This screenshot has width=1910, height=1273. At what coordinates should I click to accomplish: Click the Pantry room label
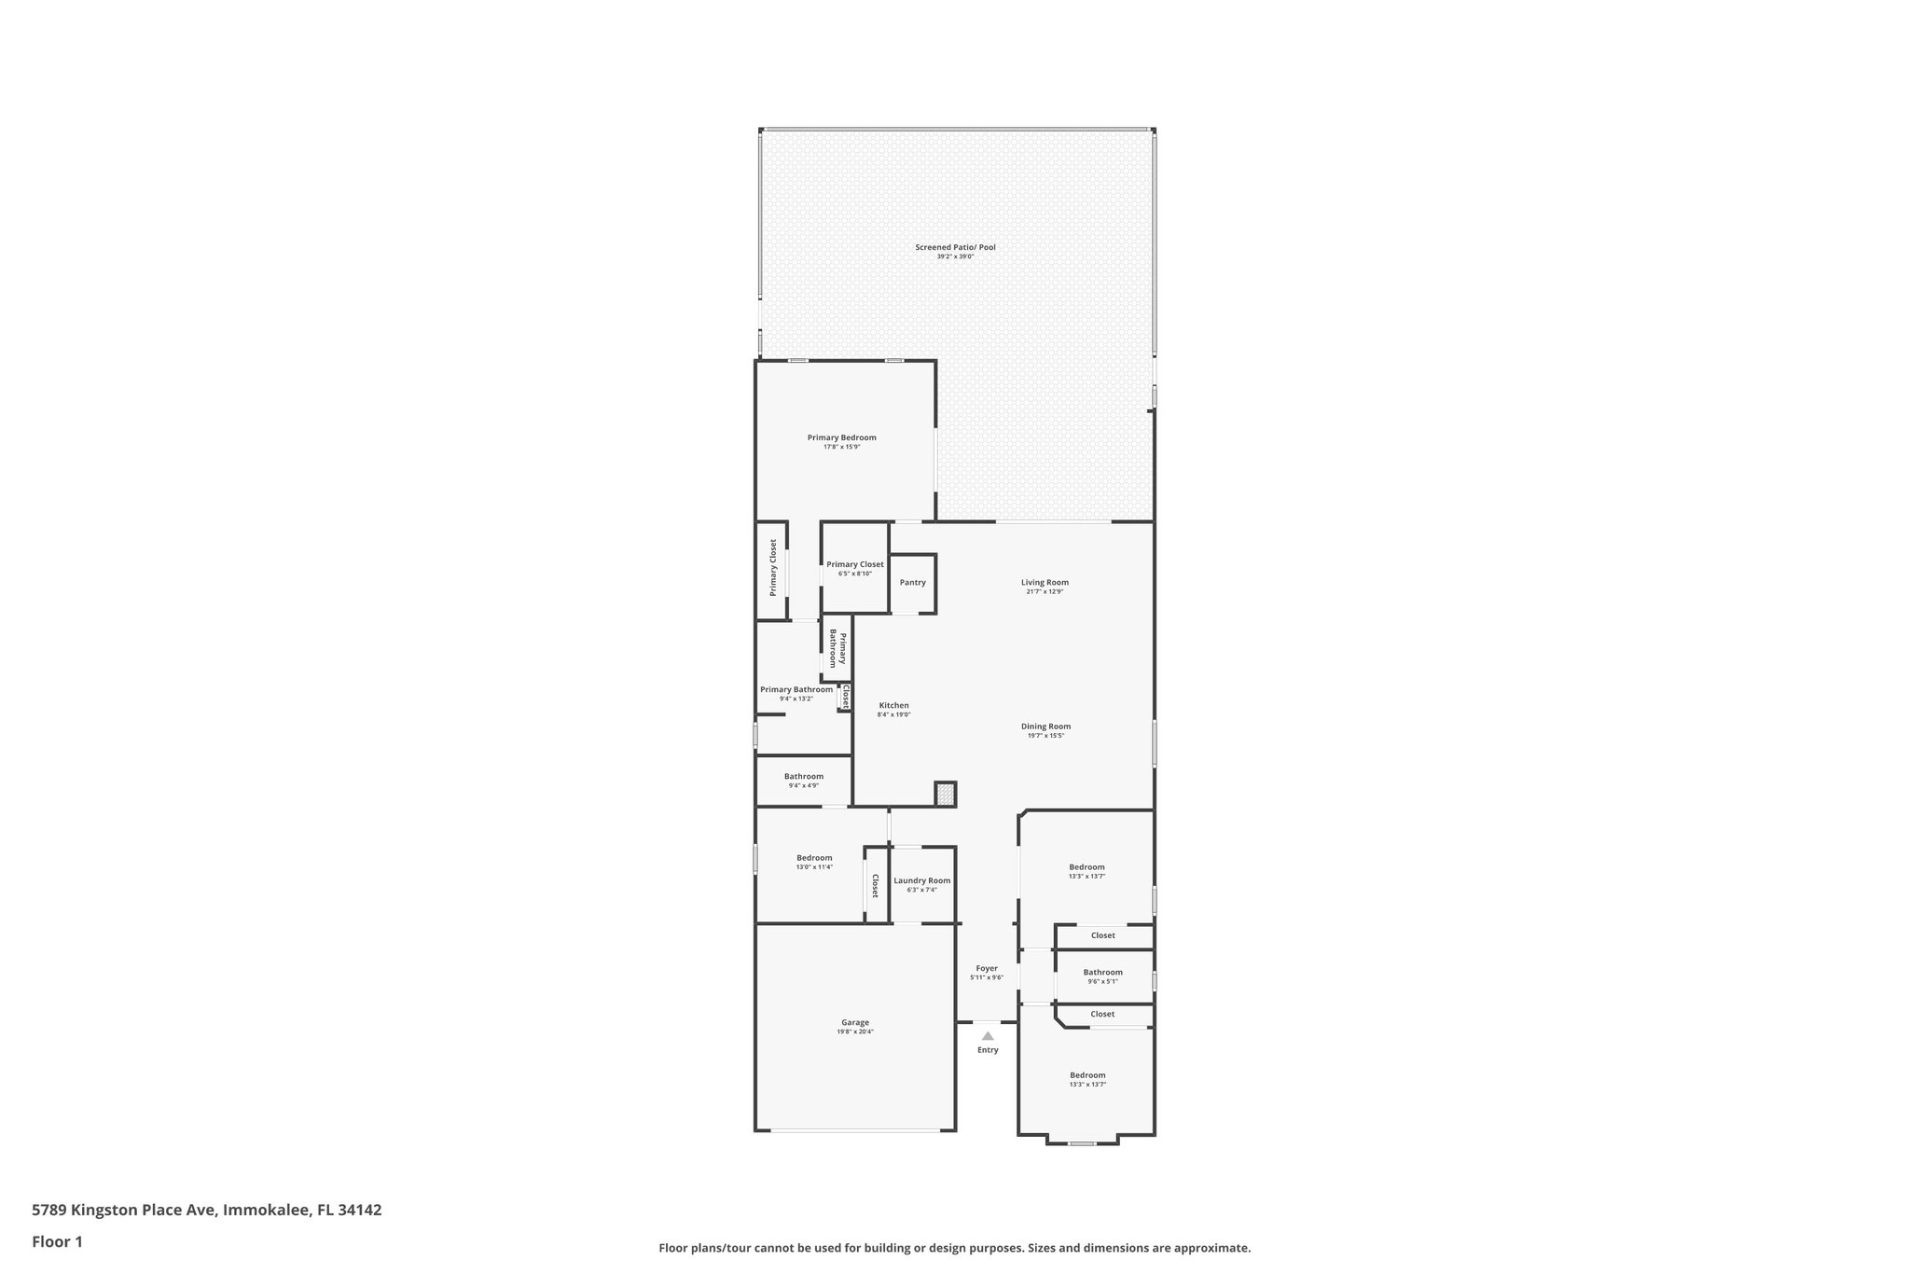(x=912, y=583)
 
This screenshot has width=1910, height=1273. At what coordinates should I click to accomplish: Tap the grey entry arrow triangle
(x=988, y=1035)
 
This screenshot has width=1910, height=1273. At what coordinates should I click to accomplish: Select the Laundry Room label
(x=921, y=880)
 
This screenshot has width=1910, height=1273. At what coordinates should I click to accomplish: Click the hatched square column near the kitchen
(x=946, y=795)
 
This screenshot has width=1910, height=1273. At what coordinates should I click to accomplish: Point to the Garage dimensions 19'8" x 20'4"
(x=855, y=1031)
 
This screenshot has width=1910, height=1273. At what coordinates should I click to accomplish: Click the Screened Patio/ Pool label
(x=955, y=247)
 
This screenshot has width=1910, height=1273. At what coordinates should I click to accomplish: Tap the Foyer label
(x=987, y=968)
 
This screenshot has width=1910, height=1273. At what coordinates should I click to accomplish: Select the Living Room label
(x=1045, y=582)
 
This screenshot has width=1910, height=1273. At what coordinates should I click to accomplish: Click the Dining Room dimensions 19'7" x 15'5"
(x=1045, y=736)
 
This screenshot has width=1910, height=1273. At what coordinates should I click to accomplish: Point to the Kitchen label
(x=893, y=705)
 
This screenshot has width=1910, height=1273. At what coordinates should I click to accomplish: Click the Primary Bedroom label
(x=841, y=437)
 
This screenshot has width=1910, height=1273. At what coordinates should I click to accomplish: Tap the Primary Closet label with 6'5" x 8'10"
(x=854, y=564)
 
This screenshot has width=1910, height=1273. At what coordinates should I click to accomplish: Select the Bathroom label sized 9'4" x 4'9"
(x=803, y=776)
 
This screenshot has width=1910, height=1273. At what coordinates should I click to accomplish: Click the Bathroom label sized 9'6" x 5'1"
(x=1102, y=972)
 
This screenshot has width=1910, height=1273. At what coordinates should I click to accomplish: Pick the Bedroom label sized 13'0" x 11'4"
(x=814, y=858)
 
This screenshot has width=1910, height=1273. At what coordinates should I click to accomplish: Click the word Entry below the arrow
(x=988, y=1050)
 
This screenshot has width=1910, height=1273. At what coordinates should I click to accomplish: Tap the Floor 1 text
(x=57, y=1241)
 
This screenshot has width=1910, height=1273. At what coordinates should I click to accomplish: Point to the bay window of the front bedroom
(x=1082, y=1142)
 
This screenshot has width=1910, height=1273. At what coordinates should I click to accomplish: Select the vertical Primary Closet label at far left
(x=773, y=567)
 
